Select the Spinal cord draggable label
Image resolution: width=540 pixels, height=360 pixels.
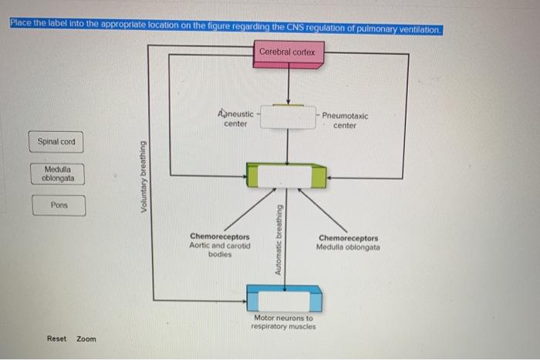(56, 142)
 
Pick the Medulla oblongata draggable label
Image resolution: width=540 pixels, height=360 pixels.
(57, 174)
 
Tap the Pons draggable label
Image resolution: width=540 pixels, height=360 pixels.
(59, 206)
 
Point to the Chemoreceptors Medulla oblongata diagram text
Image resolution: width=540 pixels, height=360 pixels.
(347, 243)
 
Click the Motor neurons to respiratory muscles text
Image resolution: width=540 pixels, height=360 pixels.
(283, 322)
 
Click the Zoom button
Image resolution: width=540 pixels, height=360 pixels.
(86, 338)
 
